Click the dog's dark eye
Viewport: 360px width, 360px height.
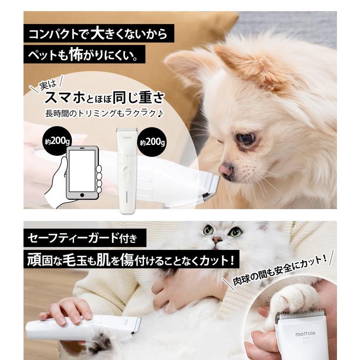(246, 139)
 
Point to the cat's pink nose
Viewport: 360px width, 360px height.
(216, 240)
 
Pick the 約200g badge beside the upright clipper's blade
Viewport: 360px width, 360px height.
(151, 143)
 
